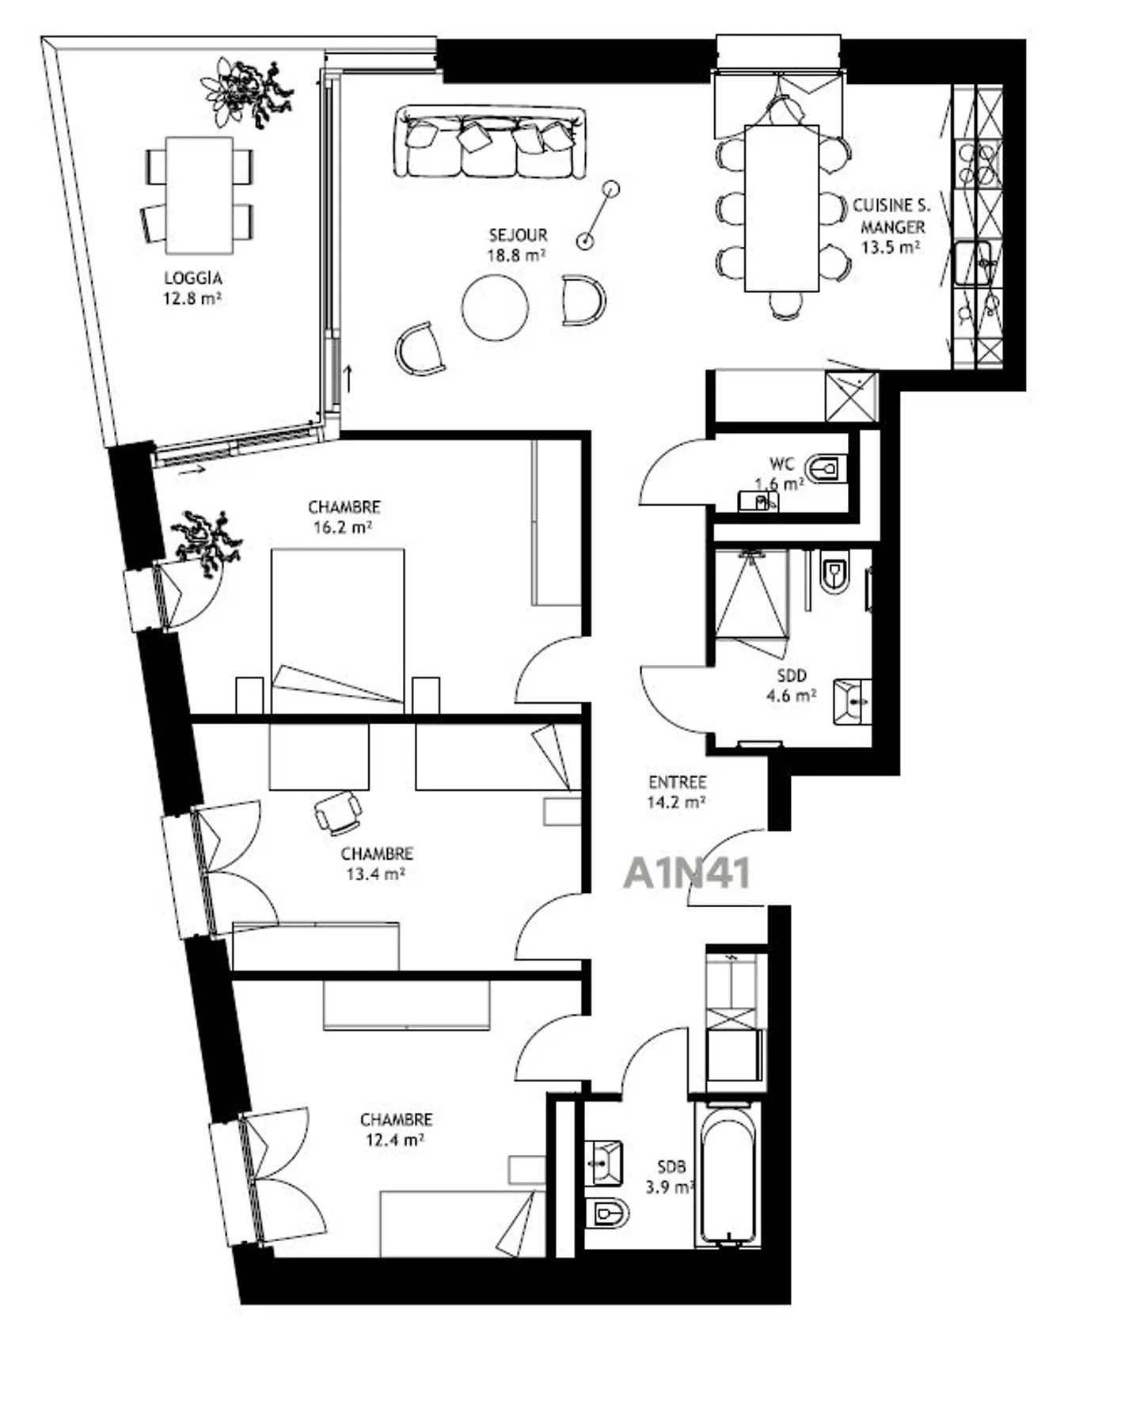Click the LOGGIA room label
pos(192,279)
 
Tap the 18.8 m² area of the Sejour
pos(517,255)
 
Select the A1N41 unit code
pos(686,874)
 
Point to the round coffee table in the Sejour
pos(495,307)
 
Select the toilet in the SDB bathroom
pos(607,1212)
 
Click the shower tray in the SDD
pos(751,594)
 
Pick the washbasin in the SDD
pos(853,701)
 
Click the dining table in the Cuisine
pos(781,208)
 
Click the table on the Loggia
pos(199,196)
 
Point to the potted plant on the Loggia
pos(245,90)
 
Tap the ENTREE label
pos(677,783)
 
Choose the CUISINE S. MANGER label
pos(891,216)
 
